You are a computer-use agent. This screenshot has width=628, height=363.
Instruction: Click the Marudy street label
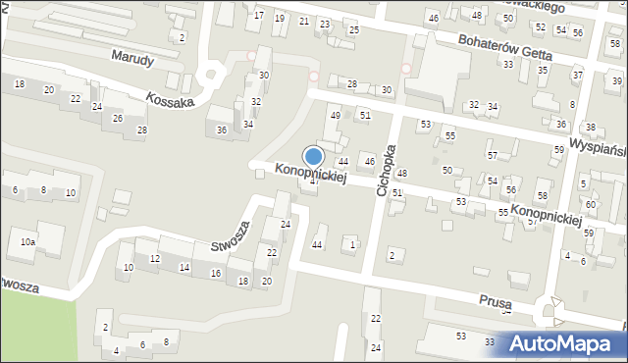[x=132, y=59]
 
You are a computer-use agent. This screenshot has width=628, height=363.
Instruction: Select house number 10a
[x=27, y=241]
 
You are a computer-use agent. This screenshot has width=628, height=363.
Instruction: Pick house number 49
[x=335, y=116]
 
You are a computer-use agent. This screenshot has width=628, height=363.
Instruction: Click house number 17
[x=259, y=16]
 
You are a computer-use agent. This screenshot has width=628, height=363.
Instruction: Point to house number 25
[x=353, y=30]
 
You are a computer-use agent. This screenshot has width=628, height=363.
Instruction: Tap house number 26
[x=117, y=119]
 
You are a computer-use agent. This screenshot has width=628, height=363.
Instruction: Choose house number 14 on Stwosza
[x=183, y=267]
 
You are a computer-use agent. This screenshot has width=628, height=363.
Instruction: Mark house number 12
[x=154, y=258]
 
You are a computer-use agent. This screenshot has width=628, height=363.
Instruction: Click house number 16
[x=215, y=273]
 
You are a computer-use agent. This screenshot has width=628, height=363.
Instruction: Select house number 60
[x=590, y=205]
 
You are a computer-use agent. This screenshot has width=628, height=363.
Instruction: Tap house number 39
[x=617, y=79]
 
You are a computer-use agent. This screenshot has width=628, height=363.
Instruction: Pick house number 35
[x=543, y=71]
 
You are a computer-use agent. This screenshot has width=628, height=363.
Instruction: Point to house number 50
[x=446, y=171]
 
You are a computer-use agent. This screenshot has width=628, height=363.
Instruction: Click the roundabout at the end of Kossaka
[x=209, y=76]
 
